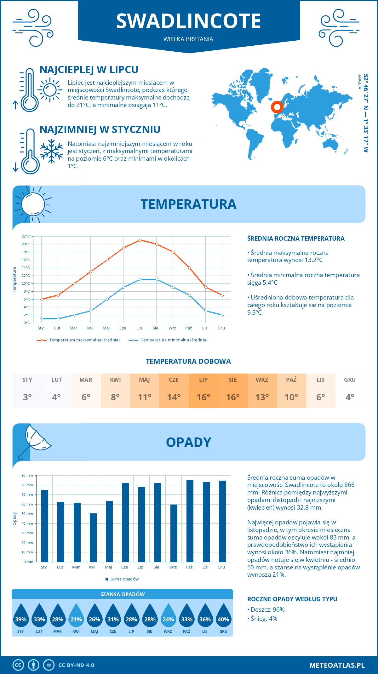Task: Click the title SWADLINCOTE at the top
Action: (188, 21)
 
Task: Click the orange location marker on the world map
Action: (277, 107)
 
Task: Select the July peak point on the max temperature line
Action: (140, 240)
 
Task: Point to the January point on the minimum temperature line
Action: (42, 319)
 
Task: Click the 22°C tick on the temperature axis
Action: (26, 236)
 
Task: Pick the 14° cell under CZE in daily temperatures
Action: (174, 397)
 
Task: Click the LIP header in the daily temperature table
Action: (203, 380)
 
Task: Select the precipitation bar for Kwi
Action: (93, 538)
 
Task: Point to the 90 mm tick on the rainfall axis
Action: (27, 475)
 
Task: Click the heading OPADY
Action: (188, 442)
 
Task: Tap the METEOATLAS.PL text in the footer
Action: (337, 665)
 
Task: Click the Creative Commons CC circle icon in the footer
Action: (18, 665)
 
